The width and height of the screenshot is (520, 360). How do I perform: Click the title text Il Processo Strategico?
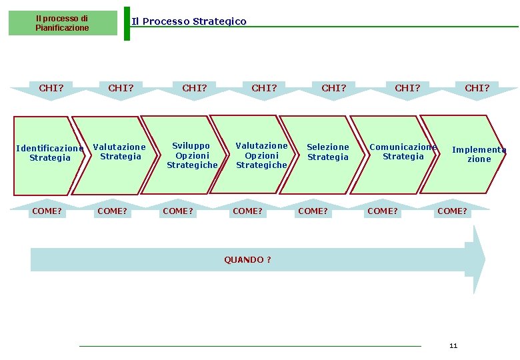tap(189, 21)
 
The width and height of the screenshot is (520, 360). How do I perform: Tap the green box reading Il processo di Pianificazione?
tap(62, 23)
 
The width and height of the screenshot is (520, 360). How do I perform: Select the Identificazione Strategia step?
tap(48, 154)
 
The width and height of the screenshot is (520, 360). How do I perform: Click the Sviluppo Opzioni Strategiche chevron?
tap(191, 155)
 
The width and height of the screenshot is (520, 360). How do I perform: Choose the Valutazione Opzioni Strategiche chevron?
tap(261, 155)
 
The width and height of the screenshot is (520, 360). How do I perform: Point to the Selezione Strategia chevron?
tap(327, 152)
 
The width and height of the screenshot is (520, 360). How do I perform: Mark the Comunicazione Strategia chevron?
tap(402, 151)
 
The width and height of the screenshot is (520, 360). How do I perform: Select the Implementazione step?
tap(479, 155)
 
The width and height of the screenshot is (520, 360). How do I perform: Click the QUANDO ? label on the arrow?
tap(247, 260)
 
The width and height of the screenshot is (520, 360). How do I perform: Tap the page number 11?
tap(453, 346)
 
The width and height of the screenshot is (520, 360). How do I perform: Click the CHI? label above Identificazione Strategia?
tap(51, 88)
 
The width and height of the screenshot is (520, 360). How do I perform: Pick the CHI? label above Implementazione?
tap(477, 88)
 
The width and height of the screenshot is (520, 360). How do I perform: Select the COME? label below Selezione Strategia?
tap(313, 211)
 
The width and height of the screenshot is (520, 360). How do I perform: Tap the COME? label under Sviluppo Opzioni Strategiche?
tap(178, 211)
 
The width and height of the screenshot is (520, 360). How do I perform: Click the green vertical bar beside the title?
tap(127, 23)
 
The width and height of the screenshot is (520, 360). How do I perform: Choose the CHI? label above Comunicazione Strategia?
tap(407, 88)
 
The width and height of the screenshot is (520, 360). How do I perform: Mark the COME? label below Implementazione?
tap(452, 211)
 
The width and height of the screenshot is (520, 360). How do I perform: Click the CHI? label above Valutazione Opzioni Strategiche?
tap(264, 88)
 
